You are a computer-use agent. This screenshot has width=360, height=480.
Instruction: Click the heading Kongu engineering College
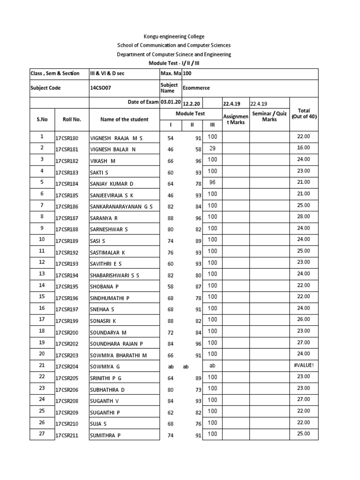174,37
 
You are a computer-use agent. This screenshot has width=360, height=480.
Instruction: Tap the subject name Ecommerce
196,88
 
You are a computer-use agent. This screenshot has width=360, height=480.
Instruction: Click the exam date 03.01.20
171,102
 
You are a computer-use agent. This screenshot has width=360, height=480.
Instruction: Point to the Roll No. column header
72,120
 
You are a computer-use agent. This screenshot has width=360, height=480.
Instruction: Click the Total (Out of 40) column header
304,114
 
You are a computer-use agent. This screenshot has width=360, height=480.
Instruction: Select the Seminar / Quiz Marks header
270,117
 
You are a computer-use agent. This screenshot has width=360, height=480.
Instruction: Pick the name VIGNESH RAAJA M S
116,138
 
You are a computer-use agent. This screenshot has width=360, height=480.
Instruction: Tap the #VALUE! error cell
303,365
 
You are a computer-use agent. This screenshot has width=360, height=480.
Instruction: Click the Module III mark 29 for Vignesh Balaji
212,148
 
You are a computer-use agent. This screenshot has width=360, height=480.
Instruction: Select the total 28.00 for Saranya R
303,217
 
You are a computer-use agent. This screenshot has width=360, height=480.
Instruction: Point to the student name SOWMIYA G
105,367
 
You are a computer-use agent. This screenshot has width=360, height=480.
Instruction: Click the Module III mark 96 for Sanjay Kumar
212,182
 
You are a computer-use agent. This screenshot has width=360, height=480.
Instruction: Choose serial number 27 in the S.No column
42,434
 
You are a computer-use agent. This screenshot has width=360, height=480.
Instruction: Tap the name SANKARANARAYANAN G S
121,207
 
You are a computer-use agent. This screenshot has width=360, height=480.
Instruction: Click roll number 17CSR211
67,435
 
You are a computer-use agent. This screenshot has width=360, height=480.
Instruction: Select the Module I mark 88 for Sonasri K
170,321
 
